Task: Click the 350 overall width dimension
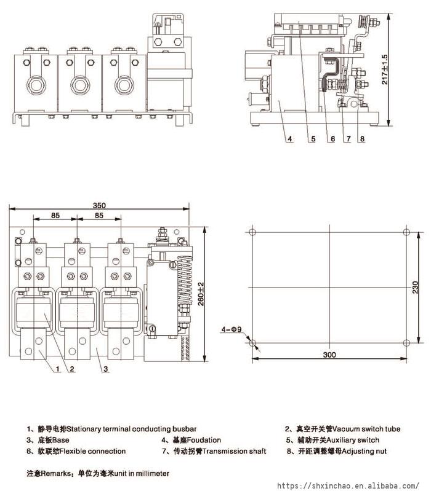coord(99,205)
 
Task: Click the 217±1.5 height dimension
coord(385,69)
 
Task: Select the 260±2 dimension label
coord(201,294)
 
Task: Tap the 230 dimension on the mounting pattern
coord(415,288)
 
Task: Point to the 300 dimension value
coord(329,355)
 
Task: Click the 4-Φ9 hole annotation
coord(232,329)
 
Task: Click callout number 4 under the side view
coord(290,139)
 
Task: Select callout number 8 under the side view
coord(362,139)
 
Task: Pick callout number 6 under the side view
coord(333,139)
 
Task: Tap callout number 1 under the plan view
coord(57,369)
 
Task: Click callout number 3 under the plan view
coord(106,369)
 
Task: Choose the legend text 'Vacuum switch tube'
coord(366,429)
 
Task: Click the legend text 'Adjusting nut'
coord(364,451)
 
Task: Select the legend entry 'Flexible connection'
coord(92,451)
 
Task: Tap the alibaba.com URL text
coord(348,485)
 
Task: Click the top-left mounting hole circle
coord(252,232)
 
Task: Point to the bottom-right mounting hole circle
coord(406,343)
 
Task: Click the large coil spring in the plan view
coord(185,280)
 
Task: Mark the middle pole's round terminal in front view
coord(80,85)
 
